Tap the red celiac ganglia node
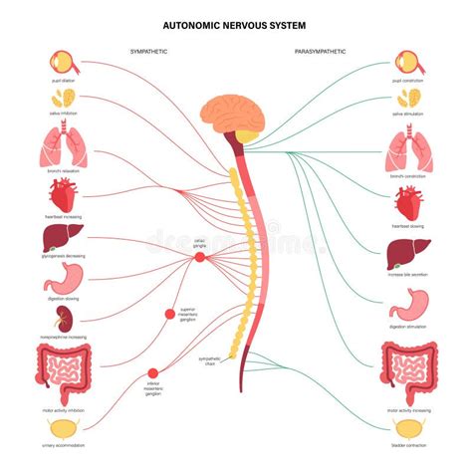pos(199,258)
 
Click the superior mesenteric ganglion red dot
pos(168,316)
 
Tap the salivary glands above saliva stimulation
pos(409,98)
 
